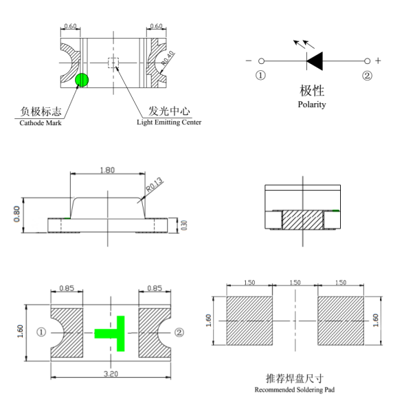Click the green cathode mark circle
82,81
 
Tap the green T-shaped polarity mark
112,332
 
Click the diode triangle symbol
315,61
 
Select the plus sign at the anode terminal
378,61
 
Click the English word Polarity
312,105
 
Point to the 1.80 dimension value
107,170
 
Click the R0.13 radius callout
154,184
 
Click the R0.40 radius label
168,61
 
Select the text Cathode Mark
40,122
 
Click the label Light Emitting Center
169,122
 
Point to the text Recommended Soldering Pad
295,390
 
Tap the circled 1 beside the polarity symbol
261,75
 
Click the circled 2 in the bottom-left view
179,332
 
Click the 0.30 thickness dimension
183,225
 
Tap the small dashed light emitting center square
113,63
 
